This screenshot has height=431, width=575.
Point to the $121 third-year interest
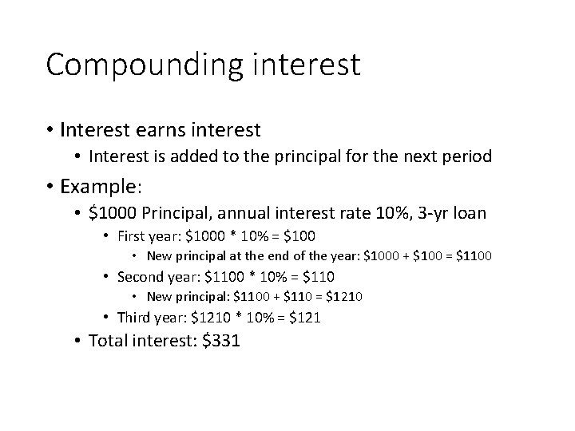tap(304, 317)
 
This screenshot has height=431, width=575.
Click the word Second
tap(141, 277)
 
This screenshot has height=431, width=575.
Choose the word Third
tap(134, 317)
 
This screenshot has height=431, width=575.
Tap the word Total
tap(107, 341)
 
